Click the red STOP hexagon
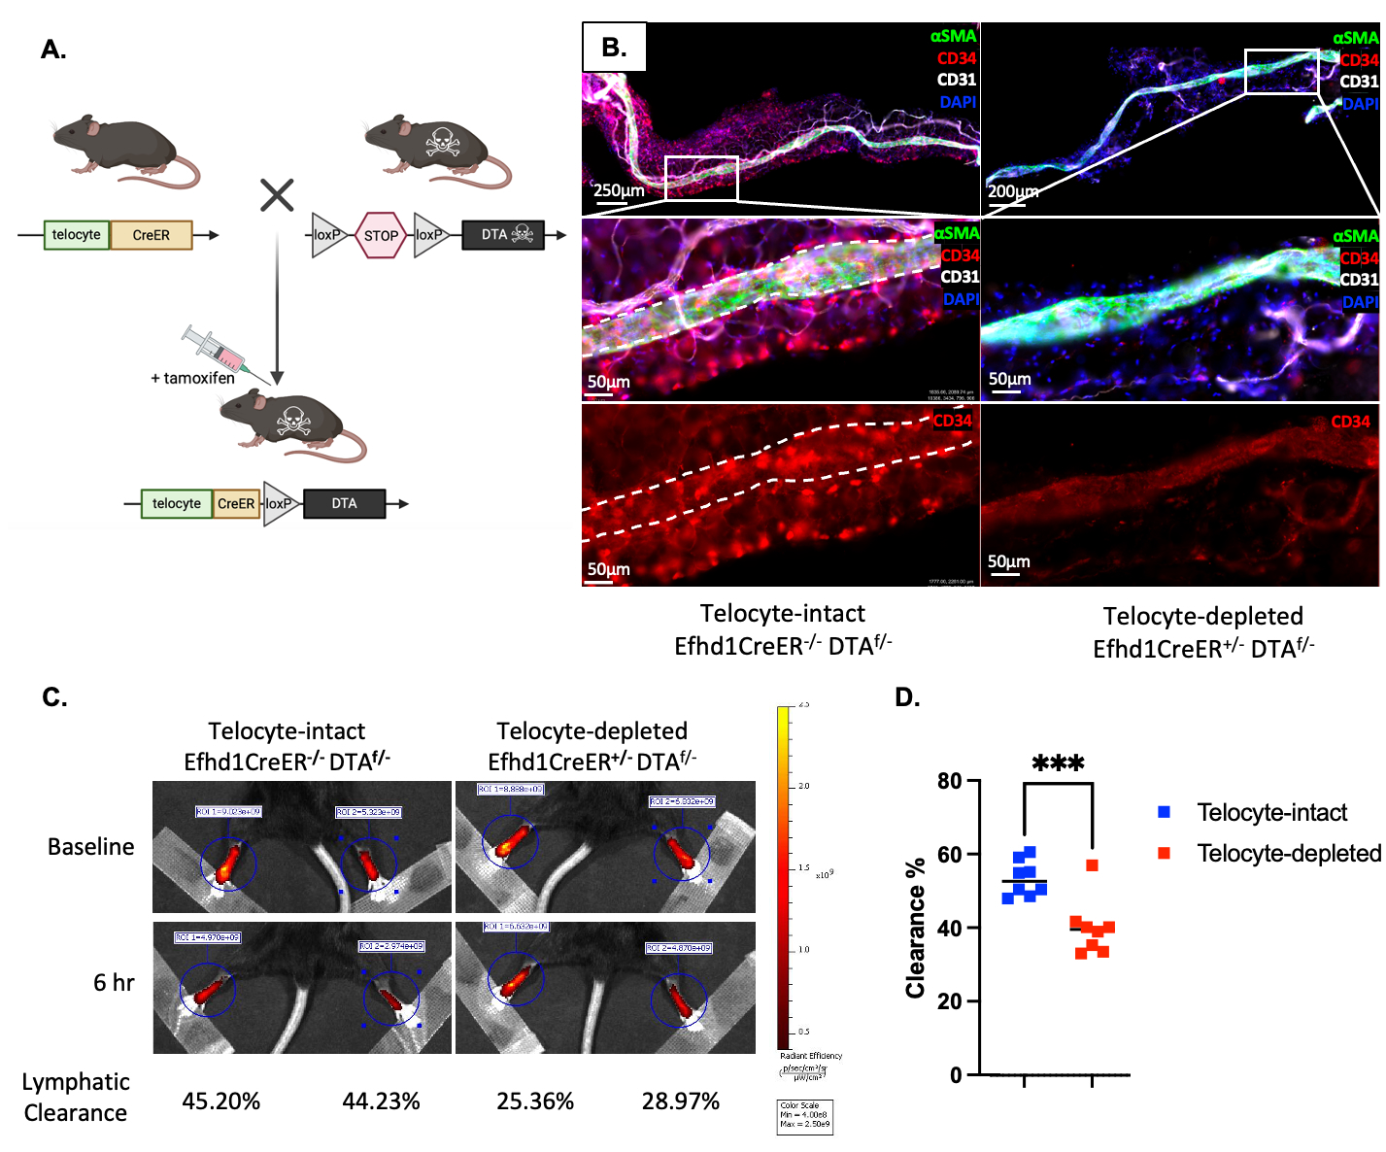pos(380,235)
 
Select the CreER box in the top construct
pos(151,235)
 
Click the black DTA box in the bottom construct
pos(344,503)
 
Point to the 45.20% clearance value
pos(220,1101)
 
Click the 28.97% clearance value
pos(680,1101)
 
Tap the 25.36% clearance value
pos(534,1101)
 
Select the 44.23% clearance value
pos(381,1101)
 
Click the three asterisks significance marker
pos(1058,764)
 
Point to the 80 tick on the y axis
pos(950,781)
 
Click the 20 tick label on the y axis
pos(950,1001)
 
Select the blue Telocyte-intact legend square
pos(1164,812)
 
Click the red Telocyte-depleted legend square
pos(1164,853)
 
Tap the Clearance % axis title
pos(915,928)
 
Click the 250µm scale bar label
pos(619,190)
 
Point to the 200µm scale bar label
pos(1013,191)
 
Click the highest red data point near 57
pos(1092,865)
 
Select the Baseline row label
pos(91,846)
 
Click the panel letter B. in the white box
pos(614,47)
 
